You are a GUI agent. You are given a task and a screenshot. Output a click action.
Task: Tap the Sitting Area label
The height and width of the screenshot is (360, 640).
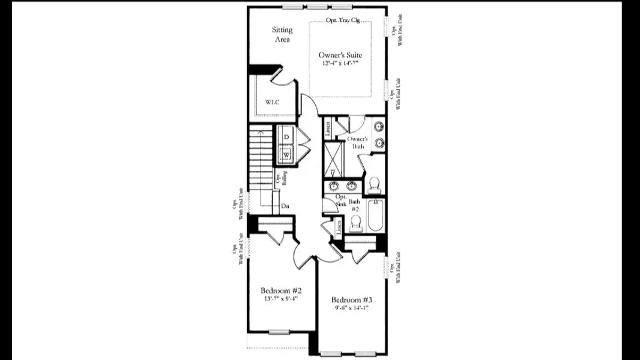tap(282, 34)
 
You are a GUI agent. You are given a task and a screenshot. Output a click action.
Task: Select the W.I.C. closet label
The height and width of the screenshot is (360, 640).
tap(273, 102)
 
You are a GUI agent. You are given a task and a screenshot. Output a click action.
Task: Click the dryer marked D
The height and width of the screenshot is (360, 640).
tap(287, 137)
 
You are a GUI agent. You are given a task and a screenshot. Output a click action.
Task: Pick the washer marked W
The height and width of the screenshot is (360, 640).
tap(287, 155)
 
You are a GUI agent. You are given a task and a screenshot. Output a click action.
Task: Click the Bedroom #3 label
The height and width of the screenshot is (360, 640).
tap(352, 300)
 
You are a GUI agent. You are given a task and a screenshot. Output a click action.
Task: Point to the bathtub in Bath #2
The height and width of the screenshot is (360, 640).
tap(376, 216)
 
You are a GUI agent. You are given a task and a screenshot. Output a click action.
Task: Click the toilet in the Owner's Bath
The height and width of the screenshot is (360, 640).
tap(373, 182)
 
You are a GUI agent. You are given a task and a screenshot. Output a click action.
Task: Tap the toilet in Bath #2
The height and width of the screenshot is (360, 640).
tap(356, 223)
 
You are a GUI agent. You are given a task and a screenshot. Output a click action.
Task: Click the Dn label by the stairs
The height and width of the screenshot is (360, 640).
tap(285, 206)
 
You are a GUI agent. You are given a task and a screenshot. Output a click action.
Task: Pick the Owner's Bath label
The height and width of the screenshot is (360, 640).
tap(356, 142)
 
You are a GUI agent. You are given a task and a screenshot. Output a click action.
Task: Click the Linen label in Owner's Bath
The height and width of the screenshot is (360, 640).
tap(327, 128)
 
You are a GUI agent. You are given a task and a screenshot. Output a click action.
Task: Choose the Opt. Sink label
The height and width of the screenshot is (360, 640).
tap(341, 200)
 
